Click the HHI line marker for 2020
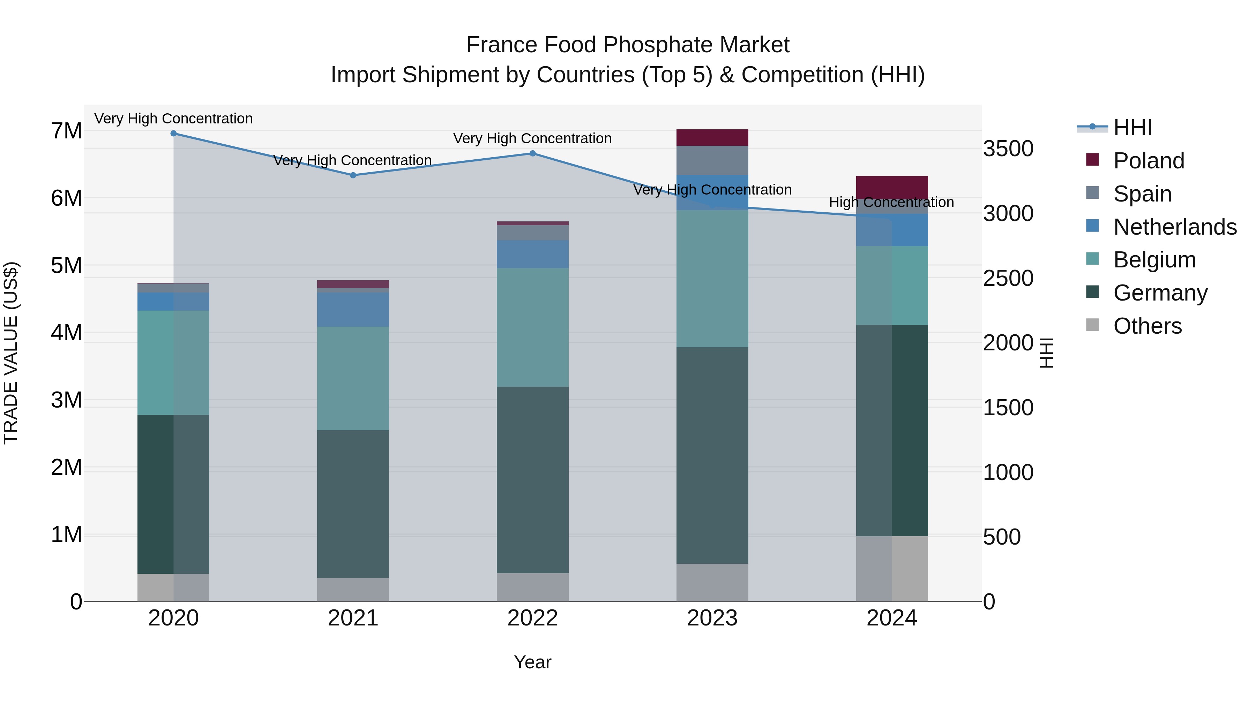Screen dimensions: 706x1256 (174, 133)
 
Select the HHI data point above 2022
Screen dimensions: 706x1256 (532, 153)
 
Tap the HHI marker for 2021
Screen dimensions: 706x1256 (353, 175)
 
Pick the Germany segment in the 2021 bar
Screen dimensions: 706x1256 (353, 504)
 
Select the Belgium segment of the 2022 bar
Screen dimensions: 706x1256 (532, 327)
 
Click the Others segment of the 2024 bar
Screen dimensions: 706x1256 (892, 569)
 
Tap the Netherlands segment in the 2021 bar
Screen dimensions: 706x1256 (353, 309)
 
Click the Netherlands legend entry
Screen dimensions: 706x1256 (1175, 227)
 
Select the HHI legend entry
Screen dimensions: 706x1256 (1132, 128)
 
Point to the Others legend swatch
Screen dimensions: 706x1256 (1093, 325)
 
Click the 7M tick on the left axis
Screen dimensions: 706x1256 (66, 131)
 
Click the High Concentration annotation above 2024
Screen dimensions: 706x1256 (891, 202)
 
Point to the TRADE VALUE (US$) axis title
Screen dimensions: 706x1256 (11, 353)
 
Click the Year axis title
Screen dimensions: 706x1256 (532, 662)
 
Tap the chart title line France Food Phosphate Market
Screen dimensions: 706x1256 (628, 45)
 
